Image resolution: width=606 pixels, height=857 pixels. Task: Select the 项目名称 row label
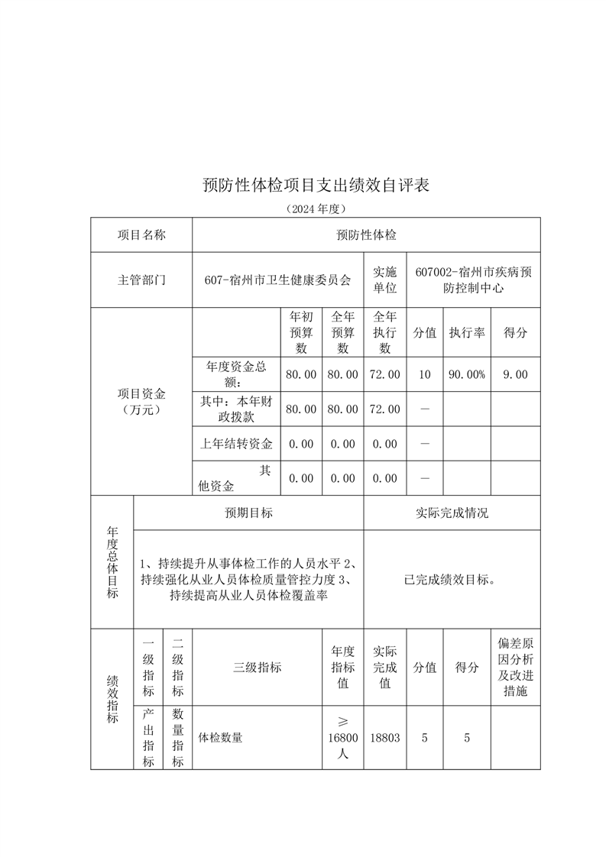[141, 235]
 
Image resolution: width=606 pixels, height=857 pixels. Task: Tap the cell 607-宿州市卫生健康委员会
[278, 280]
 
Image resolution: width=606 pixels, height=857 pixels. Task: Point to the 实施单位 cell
[384, 280]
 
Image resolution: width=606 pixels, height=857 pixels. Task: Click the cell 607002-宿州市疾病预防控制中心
[473, 280]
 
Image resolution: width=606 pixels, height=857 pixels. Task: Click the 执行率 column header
[466, 332]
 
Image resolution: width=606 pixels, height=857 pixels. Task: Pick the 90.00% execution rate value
[466, 374]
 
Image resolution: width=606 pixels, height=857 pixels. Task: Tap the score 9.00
[515, 374]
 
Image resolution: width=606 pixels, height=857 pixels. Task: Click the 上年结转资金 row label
[236, 443]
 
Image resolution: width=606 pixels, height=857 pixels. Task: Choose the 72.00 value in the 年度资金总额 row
[384, 374]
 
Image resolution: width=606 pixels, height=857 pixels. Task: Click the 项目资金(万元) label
[141, 402]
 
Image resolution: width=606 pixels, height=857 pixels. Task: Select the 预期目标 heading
[248, 513]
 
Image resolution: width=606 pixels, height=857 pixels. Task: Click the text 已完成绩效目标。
[451, 579]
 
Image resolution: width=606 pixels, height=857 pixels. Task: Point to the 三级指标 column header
[257, 667]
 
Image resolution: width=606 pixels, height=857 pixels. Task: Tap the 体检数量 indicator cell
[221, 738]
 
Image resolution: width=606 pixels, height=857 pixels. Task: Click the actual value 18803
[384, 738]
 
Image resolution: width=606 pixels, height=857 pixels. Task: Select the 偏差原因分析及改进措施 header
[515, 667]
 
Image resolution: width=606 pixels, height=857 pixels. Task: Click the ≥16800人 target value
[342, 738]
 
